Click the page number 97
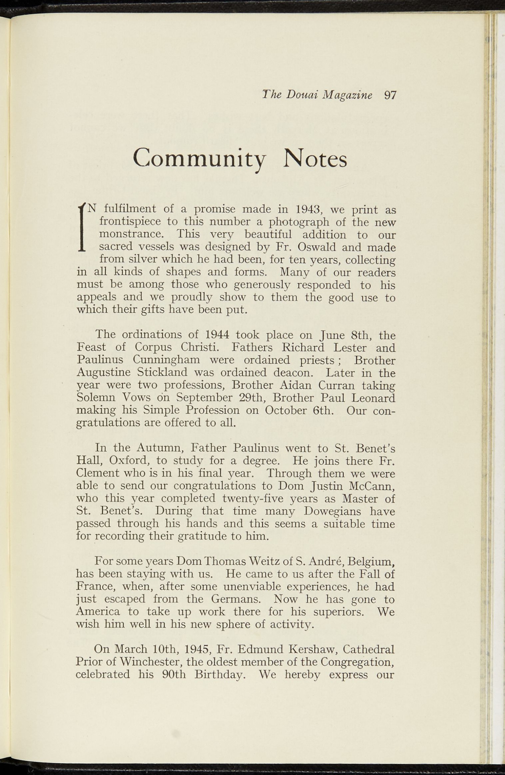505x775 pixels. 390,95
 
